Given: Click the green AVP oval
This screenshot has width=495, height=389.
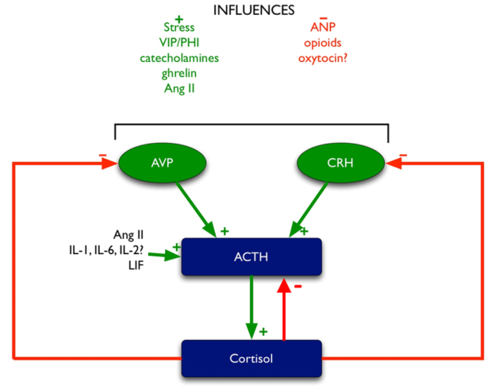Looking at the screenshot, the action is (x=163, y=163).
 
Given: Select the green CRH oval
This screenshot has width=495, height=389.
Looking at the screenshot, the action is (x=340, y=163).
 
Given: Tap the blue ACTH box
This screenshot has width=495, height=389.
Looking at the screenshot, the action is (x=251, y=256).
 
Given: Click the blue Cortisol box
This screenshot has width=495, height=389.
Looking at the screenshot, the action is (x=251, y=358).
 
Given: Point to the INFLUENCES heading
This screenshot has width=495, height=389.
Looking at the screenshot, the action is (x=254, y=10).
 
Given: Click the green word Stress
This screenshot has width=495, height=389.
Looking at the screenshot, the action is (x=179, y=27).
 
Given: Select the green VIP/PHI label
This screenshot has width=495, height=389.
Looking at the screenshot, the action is (x=179, y=42).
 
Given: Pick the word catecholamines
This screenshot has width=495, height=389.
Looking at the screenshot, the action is (x=179, y=58).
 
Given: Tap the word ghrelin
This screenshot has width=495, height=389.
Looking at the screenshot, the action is (x=179, y=73).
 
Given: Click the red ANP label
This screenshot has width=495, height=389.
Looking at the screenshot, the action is (x=323, y=27).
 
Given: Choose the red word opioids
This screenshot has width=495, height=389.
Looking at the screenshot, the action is (x=323, y=43).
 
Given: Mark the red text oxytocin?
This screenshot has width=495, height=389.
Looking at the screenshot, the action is (x=323, y=59).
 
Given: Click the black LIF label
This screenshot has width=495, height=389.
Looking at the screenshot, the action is (x=136, y=265).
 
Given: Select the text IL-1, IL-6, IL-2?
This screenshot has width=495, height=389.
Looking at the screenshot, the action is (x=106, y=250).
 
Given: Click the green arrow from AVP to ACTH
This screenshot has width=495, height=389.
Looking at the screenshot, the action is (x=196, y=210).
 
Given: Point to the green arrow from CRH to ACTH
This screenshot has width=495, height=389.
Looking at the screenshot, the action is (x=309, y=210).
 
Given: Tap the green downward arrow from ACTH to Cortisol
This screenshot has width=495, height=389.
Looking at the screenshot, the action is (x=251, y=307).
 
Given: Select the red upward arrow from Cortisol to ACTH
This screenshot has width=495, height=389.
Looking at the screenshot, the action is (x=284, y=310).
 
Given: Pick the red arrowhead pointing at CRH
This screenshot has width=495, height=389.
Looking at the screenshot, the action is (x=393, y=163).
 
